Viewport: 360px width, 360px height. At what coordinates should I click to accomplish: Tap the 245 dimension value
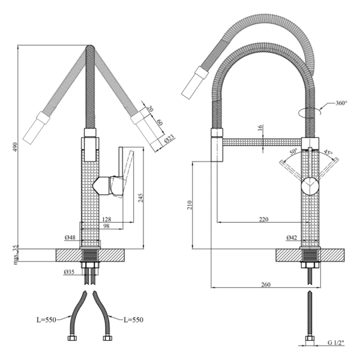click(140, 199)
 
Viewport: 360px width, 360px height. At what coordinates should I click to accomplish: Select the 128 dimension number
click(106, 218)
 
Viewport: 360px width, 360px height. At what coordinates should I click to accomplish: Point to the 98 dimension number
click(105, 226)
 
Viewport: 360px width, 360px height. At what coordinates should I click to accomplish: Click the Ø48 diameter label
click(71, 238)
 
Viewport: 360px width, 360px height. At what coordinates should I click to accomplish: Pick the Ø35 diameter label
click(70, 272)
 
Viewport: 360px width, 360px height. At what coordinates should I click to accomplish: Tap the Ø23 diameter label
click(170, 139)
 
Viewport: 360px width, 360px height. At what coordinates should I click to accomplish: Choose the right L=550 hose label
click(133, 320)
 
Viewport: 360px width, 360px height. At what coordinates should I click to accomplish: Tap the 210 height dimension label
click(187, 205)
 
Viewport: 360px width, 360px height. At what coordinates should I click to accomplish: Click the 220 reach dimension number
click(264, 220)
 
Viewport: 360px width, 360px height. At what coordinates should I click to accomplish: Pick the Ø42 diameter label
click(292, 238)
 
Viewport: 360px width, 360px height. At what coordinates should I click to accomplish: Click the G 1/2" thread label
click(337, 343)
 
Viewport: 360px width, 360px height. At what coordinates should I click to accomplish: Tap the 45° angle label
click(328, 152)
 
